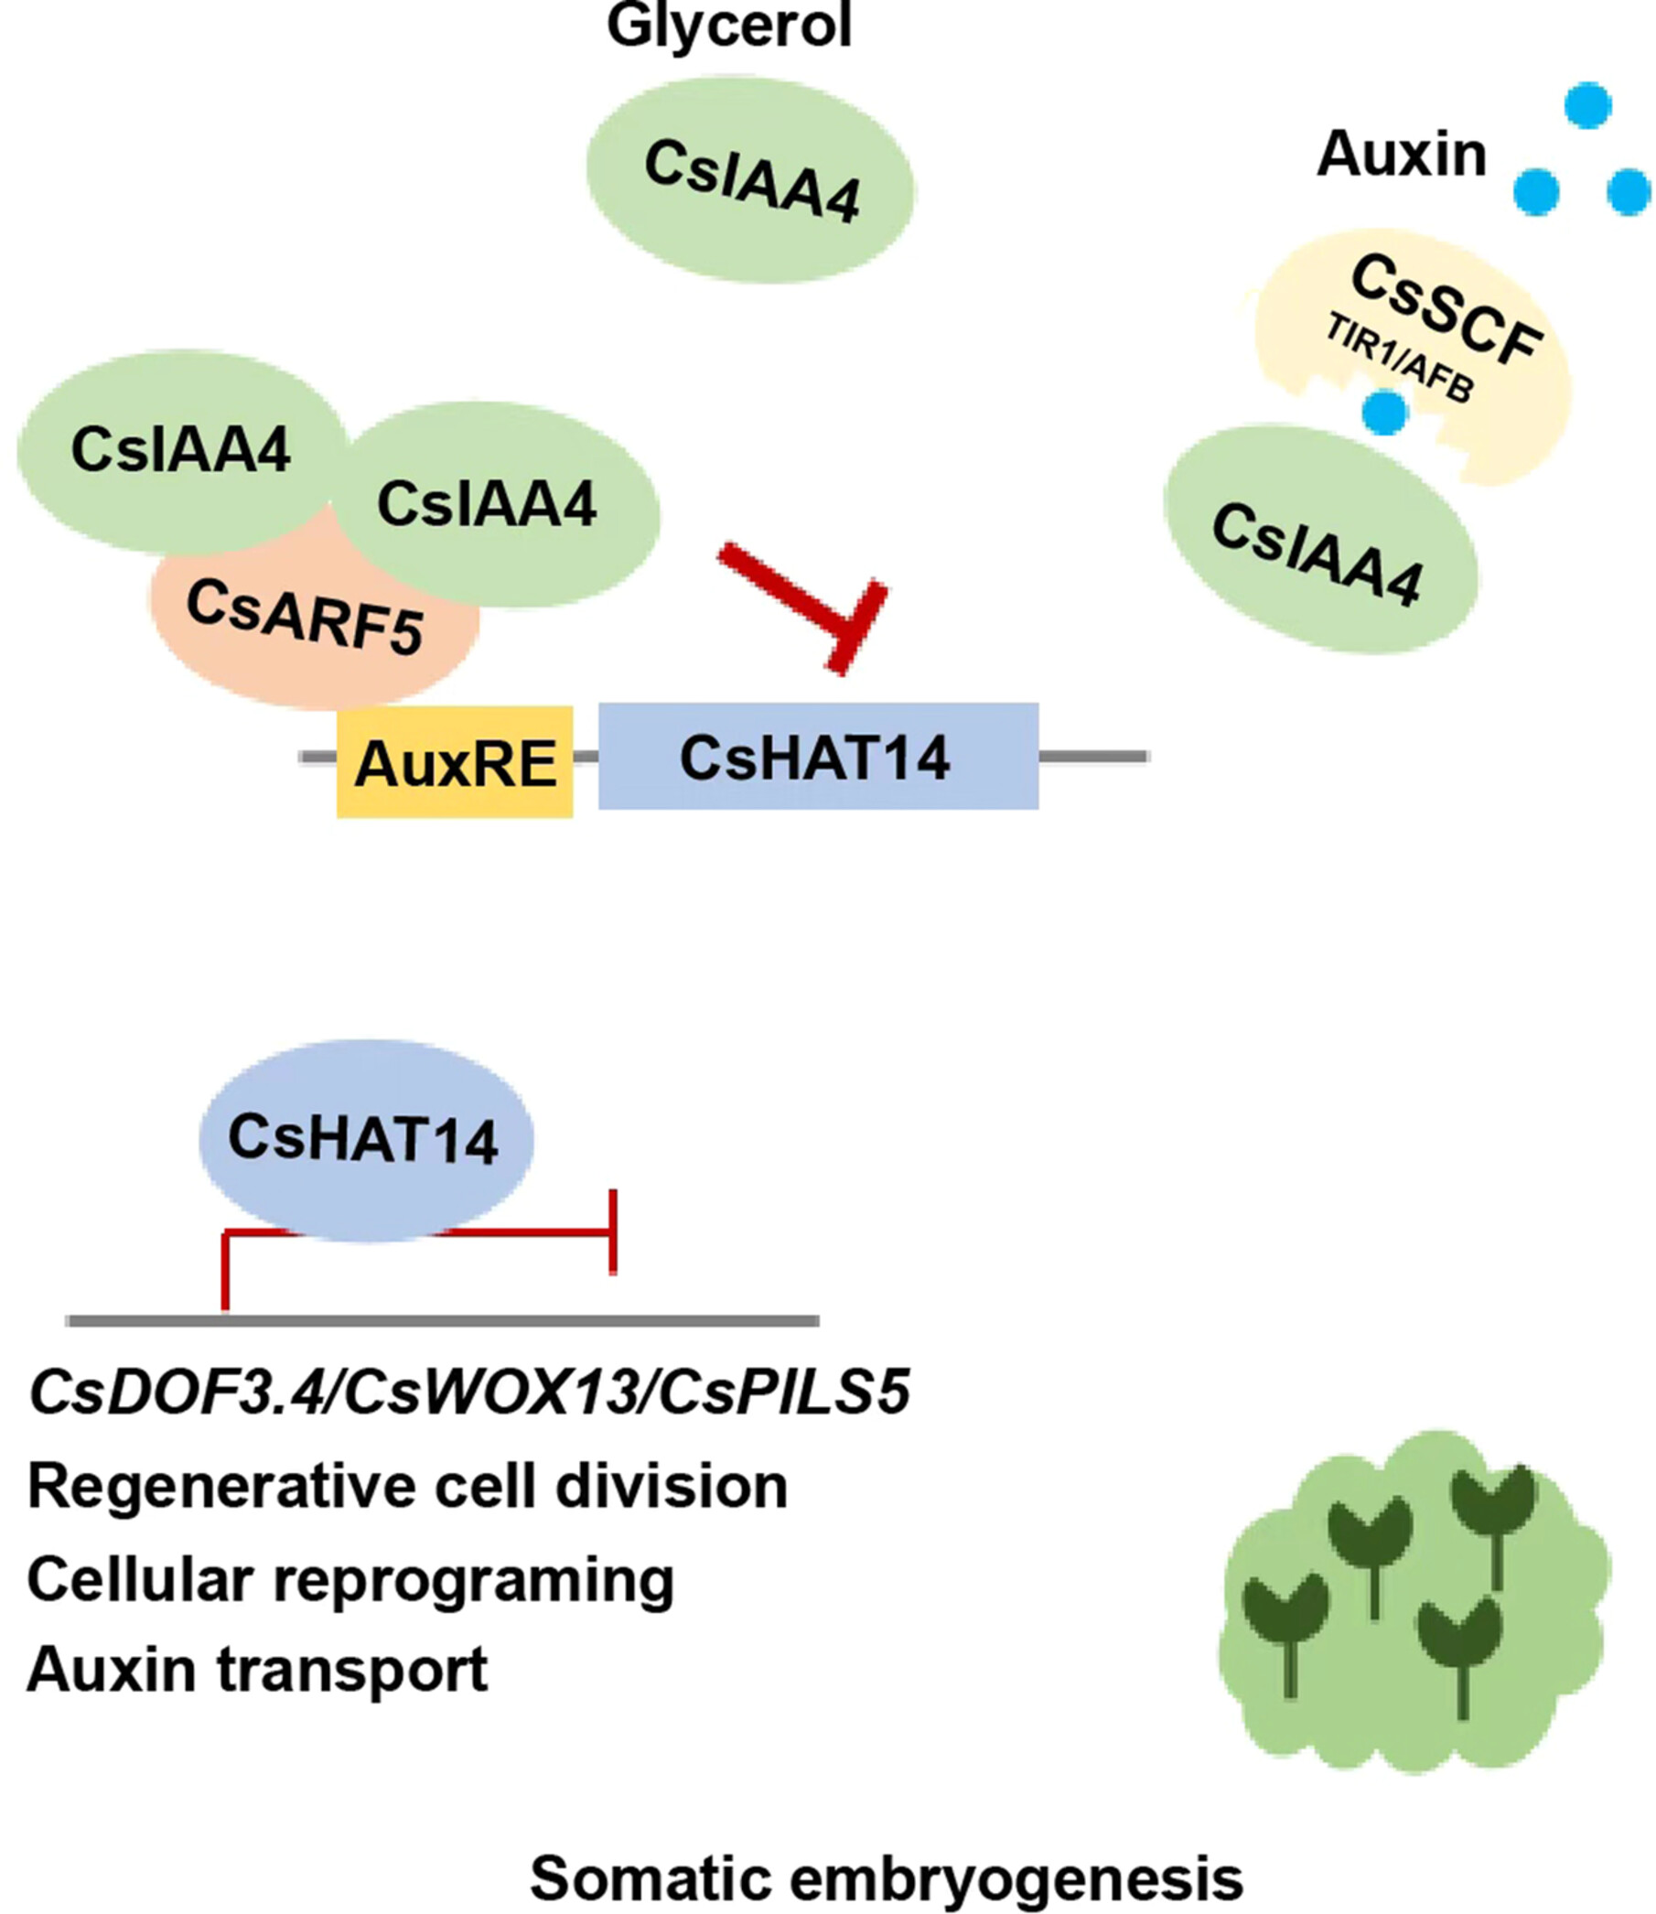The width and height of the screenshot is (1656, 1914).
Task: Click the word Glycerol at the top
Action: (x=729, y=25)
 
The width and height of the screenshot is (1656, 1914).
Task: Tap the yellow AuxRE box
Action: (x=455, y=763)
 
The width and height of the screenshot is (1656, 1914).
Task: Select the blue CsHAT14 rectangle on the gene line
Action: (x=818, y=757)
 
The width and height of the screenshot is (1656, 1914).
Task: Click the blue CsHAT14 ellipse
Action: (x=366, y=1140)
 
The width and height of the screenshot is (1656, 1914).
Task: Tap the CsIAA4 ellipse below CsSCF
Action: (x=1318, y=542)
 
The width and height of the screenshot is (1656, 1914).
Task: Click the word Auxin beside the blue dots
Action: (x=1401, y=154)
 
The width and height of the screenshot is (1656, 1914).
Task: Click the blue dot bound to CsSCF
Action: (x=1383, y=413)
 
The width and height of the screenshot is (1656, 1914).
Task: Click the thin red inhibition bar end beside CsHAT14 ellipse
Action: (x=613, y=1232)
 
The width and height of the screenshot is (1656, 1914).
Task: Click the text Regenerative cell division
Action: (x=407, y=1487)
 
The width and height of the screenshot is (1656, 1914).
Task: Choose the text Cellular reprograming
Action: (x=350, y=1579)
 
